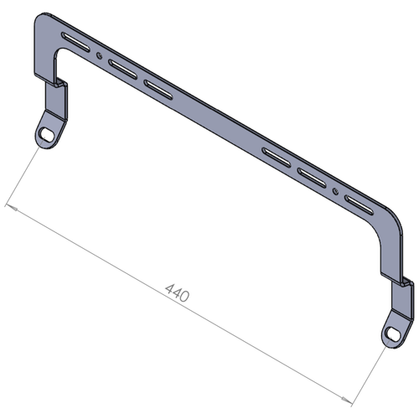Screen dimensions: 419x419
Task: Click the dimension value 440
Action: click(x=177, y=292)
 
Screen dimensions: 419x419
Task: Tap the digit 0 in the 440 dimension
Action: click(x=184, y=297)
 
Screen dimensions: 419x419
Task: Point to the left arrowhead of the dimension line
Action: click(x=12, y=208)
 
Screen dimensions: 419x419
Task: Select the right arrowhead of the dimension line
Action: click(x=347, y=400)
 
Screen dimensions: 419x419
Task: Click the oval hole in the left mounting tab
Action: click(x=47, y=133)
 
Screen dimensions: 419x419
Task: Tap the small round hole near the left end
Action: click(x=99, y=56)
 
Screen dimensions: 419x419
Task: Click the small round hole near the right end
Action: click(x=335, y=192)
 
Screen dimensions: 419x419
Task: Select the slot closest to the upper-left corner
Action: click(x=75, y=42)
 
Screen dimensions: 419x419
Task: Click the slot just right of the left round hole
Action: click(x=122, y=69)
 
